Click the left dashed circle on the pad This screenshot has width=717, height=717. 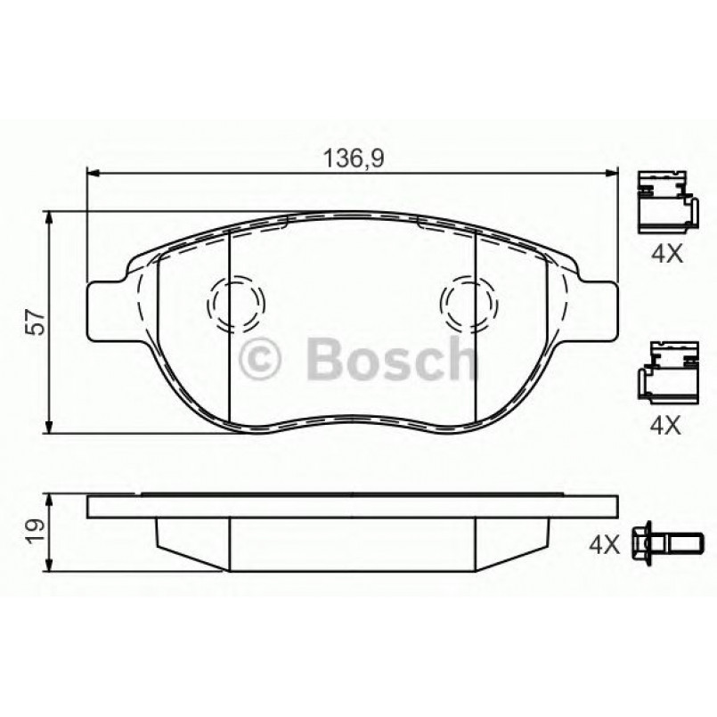[235, 302]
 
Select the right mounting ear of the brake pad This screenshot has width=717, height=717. [598, 309]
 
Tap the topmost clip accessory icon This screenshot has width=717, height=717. [664, 200]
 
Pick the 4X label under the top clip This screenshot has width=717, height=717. [665, 254]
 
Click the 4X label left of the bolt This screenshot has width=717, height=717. [604, 543]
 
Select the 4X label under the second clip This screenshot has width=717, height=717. [665, 426]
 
